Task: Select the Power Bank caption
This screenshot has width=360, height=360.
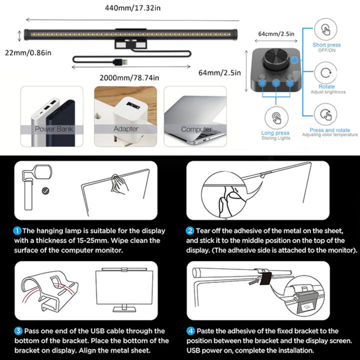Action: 52,129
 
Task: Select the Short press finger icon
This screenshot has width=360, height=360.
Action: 326,29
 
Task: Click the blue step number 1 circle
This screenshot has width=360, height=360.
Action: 17,231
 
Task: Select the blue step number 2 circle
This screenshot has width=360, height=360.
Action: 190,231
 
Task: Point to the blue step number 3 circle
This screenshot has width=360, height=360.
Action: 17,331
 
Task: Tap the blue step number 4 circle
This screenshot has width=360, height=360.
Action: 190,331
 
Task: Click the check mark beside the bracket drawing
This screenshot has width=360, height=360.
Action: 46,190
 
